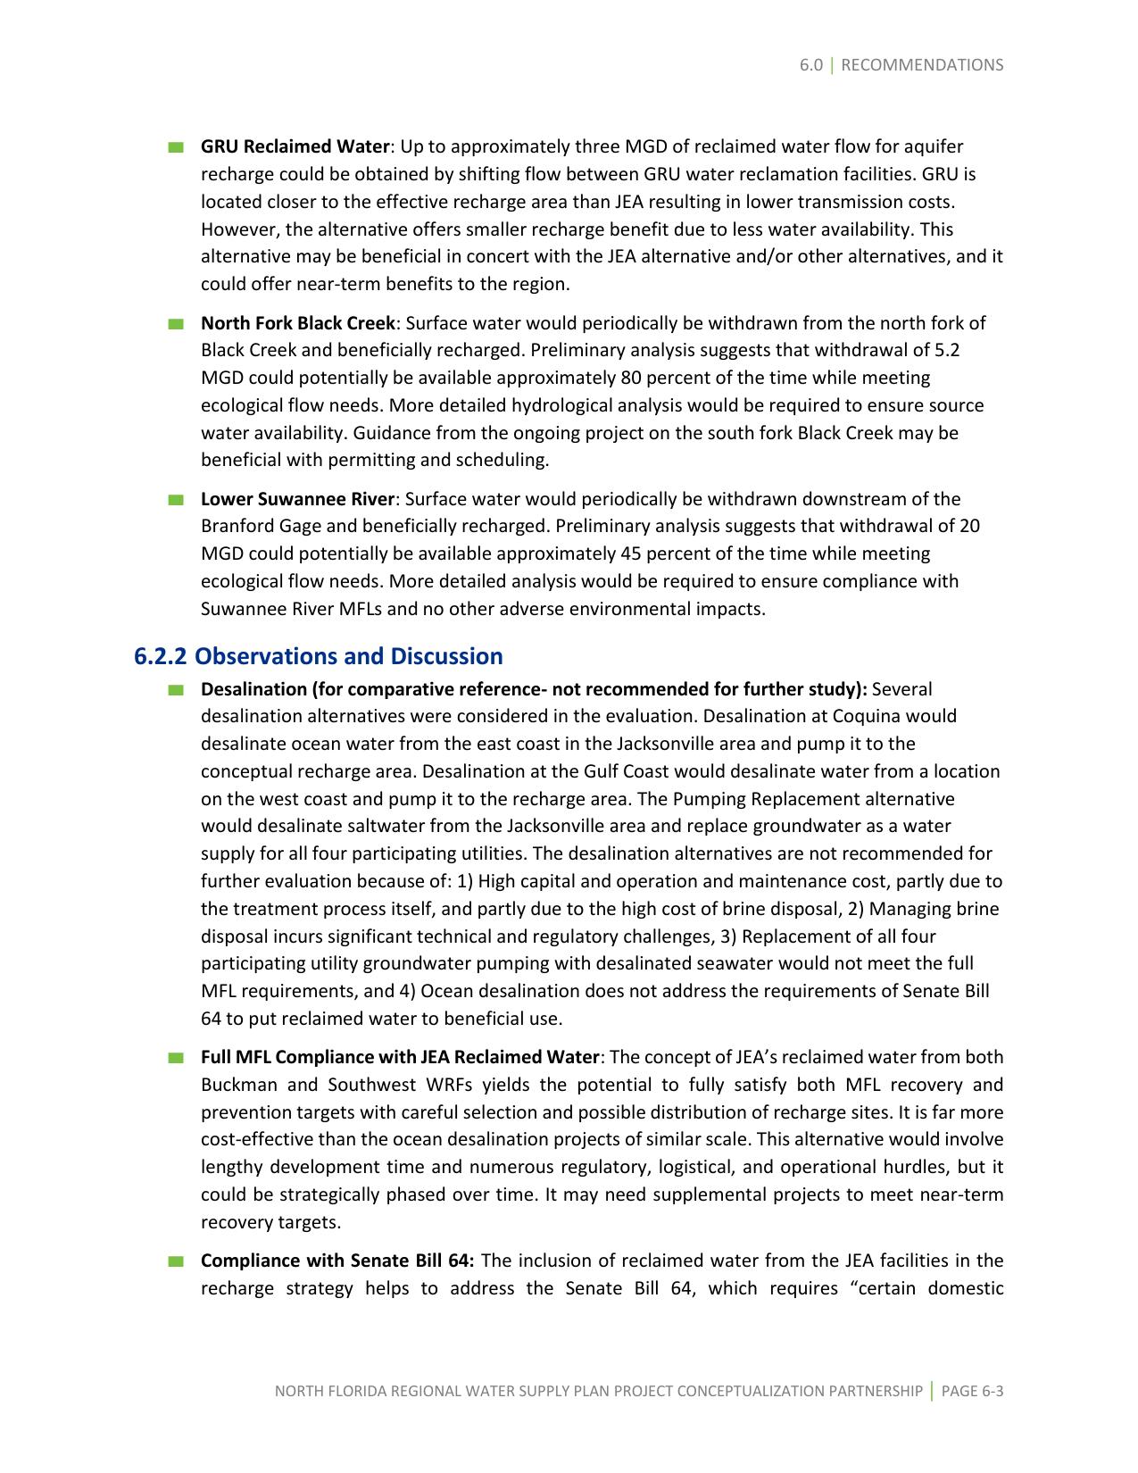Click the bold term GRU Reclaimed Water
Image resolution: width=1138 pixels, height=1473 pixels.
click(x=295, y=146)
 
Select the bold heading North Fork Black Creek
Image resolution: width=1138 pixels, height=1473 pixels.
click(x=297, y=323)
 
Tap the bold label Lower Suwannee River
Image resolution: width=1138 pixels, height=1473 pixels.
click(x=297, y=499)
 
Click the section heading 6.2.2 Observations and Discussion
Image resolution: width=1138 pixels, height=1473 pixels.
click(x=319, y=656)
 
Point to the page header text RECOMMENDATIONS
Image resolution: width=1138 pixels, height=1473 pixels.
click(x=922, y=65)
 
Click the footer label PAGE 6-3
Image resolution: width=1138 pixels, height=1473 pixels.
click(x=972, y=1391)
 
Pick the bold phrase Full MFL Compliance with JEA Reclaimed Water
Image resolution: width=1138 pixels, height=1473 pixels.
click(x=400, y=1057)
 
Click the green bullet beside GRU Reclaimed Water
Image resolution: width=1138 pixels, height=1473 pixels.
click(x=175, y=147)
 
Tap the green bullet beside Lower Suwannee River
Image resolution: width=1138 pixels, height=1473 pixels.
click(x=175, y=500)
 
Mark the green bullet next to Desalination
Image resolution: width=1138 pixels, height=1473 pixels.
click(x=175, y=690)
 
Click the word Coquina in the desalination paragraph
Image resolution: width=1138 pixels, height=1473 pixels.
click(x=866, y=716)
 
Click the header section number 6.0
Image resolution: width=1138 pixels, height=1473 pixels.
click(x=810, y=65)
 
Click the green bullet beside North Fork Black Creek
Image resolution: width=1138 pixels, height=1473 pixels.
click(x=175, y=324)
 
